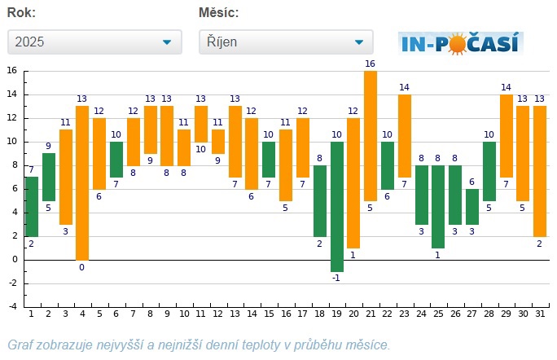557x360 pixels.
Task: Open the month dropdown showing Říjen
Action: [285, 42]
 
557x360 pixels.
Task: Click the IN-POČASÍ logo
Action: [460, 42]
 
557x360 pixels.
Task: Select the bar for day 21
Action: [371, 135]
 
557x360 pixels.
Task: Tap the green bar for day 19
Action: [336, 206]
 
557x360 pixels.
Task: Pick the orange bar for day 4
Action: [82, 182]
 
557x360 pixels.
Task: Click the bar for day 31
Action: [540, 170]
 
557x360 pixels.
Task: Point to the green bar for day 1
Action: [32, 206]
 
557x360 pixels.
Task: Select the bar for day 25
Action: [438, 206]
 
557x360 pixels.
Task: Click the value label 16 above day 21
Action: [371, 64]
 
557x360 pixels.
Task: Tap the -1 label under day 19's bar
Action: [336, 278]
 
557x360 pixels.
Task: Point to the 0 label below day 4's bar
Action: [82, 266]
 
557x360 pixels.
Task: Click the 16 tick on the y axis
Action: [12, 71]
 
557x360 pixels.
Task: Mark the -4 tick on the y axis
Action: [12, 307]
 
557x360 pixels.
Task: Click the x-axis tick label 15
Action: [269, 314]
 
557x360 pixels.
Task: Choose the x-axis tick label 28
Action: [489, 314]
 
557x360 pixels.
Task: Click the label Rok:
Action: [21, 13]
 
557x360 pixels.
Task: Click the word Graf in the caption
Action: [20, 345]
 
